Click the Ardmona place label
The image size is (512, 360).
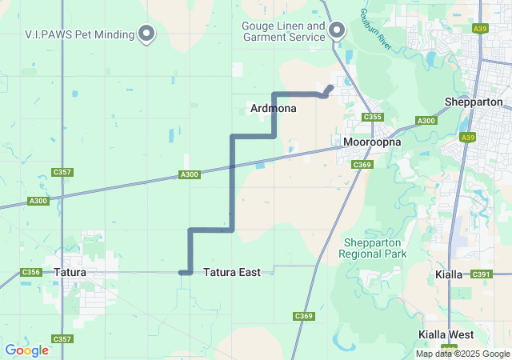point(274,108)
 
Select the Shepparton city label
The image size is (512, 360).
point(474,102)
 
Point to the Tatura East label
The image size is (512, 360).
point(231,273)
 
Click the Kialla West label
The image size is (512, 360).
point(446,334)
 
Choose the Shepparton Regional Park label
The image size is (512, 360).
point(373,248)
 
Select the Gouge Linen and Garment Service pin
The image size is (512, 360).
point(337,30)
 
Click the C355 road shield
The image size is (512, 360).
point(372,117)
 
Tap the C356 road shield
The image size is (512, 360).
point(31,273)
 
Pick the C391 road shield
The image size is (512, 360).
point(481,274)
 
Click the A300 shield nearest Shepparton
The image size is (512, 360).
point(426,122)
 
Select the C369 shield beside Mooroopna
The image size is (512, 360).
point(362,165)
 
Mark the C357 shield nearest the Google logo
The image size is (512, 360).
point(62,339)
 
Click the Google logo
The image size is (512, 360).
point(26,350)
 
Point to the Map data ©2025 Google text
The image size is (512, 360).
point(462,354)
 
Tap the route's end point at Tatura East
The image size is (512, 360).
point(184,273)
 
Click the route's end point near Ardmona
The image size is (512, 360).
point(330,87)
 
